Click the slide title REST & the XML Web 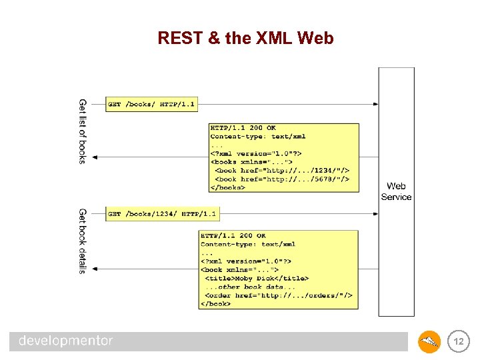click(x=245, y=39)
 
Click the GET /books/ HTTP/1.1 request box click(x=151, y=104)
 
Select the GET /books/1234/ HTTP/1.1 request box click(x=162, y=214)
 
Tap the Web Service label click(x=396, y=191)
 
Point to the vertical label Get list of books click(x=83, y=131)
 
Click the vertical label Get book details click(x=83, y=241)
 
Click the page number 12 click(x=457, y=342)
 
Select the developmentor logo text click(x=66, y=341)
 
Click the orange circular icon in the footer click(x=429, y=343)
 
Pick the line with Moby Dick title click(x=257, y=278)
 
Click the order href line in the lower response click(x=278, y=295)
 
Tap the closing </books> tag click(x=228, y=187)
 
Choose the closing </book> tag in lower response click(x=216, y=304)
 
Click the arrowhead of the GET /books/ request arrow click(x=375, y=104)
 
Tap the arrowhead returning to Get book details click(x=95, y=269)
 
